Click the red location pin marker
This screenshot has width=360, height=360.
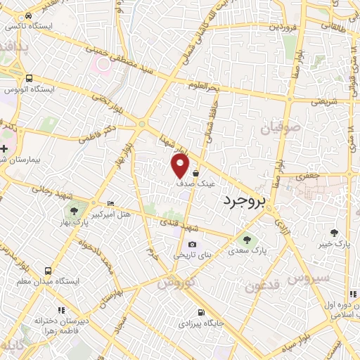181,166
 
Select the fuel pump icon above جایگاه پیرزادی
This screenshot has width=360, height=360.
202,312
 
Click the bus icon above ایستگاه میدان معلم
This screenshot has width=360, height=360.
48,270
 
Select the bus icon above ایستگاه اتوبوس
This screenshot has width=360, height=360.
29,79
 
